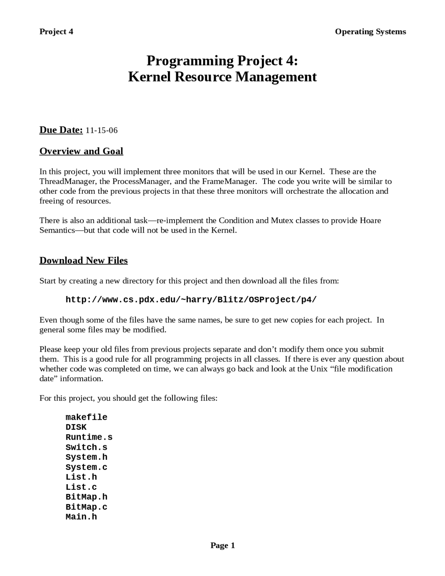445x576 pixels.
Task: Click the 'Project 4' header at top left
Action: (56, 32)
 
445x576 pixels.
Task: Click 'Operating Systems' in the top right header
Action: (370, 32)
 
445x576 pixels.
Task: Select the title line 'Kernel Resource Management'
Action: (222, 77)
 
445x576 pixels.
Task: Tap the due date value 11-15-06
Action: (102, 130)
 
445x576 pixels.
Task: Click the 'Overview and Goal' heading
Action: (81, 151)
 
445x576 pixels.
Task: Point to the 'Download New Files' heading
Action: (83, 261)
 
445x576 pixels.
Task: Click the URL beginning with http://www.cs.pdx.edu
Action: (191, 300)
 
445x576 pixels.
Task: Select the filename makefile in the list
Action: (86, 417)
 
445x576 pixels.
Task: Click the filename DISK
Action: (76, 427)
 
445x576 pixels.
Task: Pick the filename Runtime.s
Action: (89, 437)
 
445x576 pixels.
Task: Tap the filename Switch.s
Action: (86, 447)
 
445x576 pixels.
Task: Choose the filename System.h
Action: (86, 457)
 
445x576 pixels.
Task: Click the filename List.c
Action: (81, 487)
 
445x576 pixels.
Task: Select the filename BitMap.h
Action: (86, 497)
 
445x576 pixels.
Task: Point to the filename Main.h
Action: (81, 517)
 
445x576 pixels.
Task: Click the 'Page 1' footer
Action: (222, 545)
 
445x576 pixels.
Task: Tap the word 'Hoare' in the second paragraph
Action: (370, 221)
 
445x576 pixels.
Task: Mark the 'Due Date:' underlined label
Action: (61, 130)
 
